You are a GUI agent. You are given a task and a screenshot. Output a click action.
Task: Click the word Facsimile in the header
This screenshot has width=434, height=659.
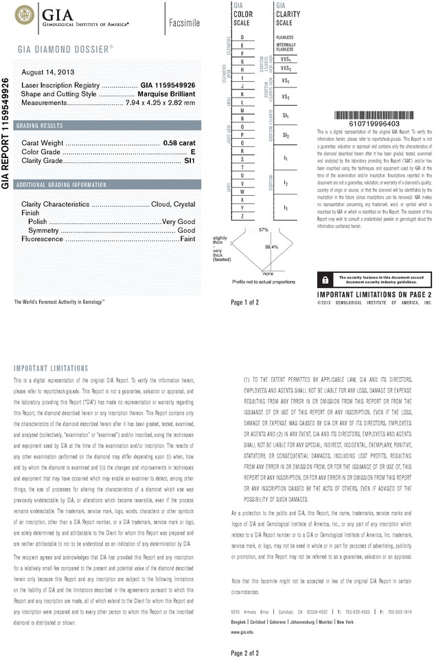tap(184, 23)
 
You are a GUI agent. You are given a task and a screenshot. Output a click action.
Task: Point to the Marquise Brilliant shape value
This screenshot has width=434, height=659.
tap(167, 93)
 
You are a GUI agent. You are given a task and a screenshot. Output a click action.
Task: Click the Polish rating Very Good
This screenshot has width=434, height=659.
tap(178, 223)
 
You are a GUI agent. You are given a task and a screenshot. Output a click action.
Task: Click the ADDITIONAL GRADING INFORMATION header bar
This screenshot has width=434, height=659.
tap(61, 185)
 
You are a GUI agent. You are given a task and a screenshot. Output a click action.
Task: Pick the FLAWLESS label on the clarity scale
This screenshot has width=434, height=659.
tap(284, 36)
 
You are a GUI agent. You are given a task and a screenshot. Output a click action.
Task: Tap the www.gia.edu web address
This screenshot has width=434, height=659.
tap(243, 631)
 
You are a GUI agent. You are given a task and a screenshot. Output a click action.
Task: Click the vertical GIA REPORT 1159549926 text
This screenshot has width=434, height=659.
tap(6, 137)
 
